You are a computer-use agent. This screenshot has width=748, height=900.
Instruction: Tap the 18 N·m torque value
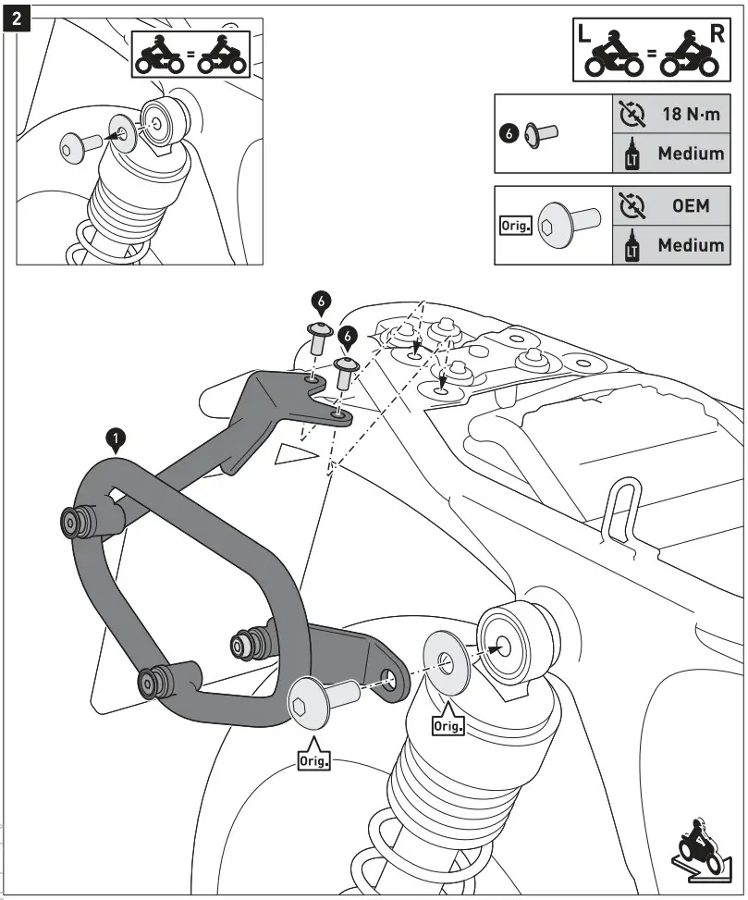(x=690, y=116)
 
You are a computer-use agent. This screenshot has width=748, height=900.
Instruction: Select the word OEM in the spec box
(x=691, y=206)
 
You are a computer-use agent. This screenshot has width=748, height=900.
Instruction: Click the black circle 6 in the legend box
(x=508, y=133)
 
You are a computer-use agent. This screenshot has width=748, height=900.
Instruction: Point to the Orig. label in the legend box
(x=513, y=225)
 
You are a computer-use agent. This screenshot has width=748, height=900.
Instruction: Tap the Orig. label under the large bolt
(x=313, y=762)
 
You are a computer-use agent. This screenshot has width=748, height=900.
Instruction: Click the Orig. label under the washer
(x=448, y=725)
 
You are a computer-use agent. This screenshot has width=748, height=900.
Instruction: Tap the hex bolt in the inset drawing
(x=76, y=144)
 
